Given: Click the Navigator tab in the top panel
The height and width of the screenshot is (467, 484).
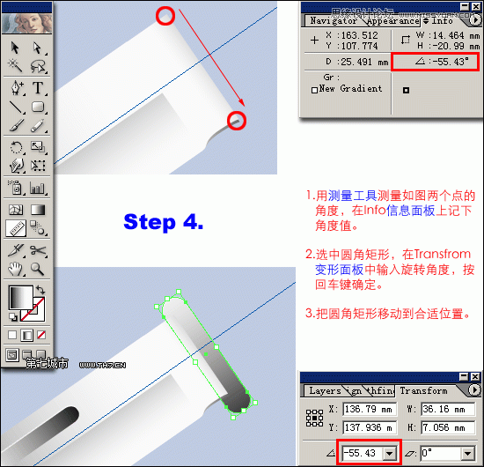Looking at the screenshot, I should [334, 21].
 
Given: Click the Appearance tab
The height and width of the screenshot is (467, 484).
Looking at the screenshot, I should [392, 21].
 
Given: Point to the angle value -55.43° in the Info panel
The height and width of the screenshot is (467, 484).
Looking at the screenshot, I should [441, 62].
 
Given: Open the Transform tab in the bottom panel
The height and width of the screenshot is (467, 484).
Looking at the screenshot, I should [423, 390].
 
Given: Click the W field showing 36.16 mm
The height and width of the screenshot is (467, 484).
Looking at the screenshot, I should [445, 409].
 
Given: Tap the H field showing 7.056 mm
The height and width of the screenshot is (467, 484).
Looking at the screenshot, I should [445, 427].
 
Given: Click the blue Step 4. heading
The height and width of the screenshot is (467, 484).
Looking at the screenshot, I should [164, 222].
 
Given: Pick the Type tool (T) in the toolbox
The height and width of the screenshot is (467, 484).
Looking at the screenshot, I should [39, 87].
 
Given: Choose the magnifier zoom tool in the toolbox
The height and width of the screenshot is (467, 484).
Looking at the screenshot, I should [39, 269].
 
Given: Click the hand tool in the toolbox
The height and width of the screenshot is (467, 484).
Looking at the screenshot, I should [15, 269].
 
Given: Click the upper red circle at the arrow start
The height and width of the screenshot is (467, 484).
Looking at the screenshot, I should [165, 14].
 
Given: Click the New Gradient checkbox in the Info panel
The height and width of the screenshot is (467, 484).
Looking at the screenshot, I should [314, 89].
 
